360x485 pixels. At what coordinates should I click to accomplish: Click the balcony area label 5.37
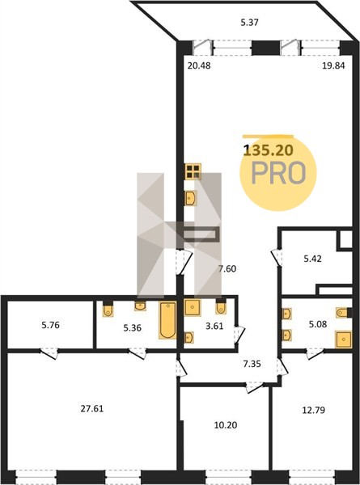249,23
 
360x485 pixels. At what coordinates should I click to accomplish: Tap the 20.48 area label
199,65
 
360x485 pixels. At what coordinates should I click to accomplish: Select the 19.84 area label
333,65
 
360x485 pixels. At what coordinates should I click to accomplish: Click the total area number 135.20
268,150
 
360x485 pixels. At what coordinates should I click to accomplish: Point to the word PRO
279,173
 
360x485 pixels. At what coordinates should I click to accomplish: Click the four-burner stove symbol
193,171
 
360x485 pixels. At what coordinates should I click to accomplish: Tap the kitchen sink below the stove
190,198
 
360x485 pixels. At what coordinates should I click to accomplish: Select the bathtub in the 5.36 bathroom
167,320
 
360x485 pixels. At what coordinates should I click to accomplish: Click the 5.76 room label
50,325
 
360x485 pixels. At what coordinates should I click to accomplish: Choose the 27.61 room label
92,408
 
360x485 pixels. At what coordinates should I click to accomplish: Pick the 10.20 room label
226,425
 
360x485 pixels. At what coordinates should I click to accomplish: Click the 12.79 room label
313,410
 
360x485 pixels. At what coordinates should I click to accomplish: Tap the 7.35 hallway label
252,364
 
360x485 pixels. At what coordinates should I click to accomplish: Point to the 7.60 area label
227,269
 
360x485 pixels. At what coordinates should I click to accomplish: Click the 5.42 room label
312,259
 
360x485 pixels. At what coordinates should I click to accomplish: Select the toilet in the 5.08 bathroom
344,313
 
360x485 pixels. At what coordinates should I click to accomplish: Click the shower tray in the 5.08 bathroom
344,339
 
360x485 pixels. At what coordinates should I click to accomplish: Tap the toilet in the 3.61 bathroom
221,307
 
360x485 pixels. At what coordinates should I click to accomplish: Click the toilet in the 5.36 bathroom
108,310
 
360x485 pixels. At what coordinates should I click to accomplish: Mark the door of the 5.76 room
49,353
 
